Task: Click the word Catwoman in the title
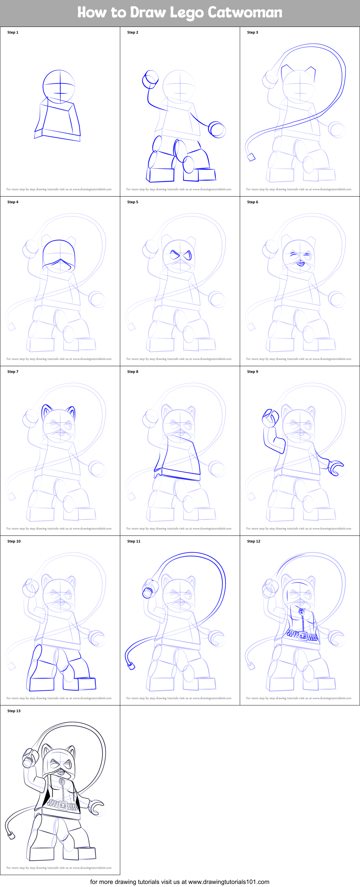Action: pos(245,12)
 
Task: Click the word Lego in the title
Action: pos(186,13)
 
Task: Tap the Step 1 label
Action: pos(13,32)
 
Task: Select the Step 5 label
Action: pos(132,202)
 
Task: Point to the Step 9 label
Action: pos(252,372)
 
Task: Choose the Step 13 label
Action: pos(14,711)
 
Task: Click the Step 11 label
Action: pos(134,541)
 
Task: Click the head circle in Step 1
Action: pos(59,86)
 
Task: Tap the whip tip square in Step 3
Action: pos(251,157)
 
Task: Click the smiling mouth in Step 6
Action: pos(300,264)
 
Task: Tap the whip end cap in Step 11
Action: pos(131,666)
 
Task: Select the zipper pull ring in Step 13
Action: pos(62,782)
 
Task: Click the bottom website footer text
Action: pos(179,882)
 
